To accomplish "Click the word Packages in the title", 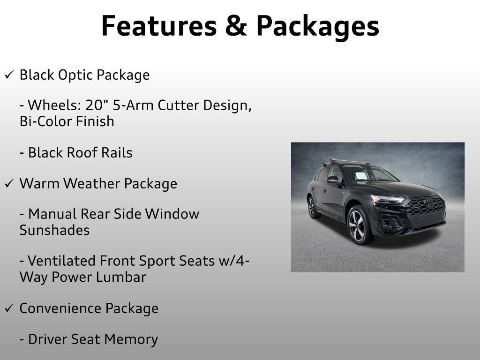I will [x=317, y=27].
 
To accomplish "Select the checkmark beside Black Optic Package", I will [x=9, y=75].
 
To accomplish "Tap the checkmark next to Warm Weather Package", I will [x=9, y=184].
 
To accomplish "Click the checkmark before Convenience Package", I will [x=9, y=309].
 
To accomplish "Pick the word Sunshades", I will [x=54, y=230].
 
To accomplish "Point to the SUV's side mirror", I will [x=333, y=180].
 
